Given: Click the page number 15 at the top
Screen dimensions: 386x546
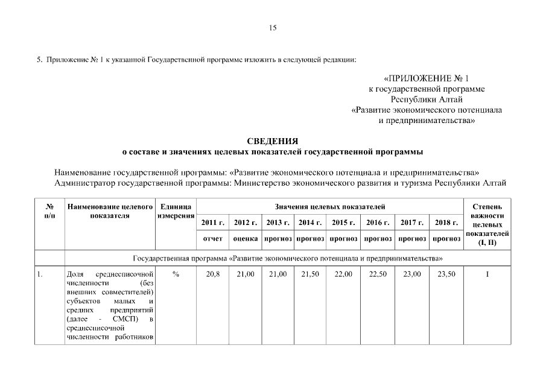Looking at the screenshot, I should (x=273, y=27).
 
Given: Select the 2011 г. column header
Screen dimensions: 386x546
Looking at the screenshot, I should (x=212, y=223).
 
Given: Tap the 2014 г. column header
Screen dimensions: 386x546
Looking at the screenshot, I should (x=310, y=223).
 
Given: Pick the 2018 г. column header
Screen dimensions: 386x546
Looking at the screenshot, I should (x=446, y=223).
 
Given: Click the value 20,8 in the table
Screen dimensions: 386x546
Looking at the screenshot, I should (x=212, y=274).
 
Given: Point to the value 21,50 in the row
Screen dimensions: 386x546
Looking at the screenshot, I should (x=310, y=274).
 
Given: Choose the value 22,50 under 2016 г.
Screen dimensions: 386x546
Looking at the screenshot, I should (x=378, y=274).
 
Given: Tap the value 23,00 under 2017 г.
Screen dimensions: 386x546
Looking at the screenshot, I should (x=413, y=274).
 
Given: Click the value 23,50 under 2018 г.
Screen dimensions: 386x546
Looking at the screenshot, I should (x=446, y=274).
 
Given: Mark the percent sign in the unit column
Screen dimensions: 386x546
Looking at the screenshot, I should (x=176, y=274).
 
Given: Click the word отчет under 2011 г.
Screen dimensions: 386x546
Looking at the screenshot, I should (x=212, y=239).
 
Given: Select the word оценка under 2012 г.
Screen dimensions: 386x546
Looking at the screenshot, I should (x=246, y=239).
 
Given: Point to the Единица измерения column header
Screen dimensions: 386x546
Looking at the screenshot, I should (x=176, y=211).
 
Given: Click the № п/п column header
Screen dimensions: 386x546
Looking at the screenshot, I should (x=49, y=210).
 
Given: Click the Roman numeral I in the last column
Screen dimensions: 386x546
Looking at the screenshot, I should (x=487, y=274).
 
